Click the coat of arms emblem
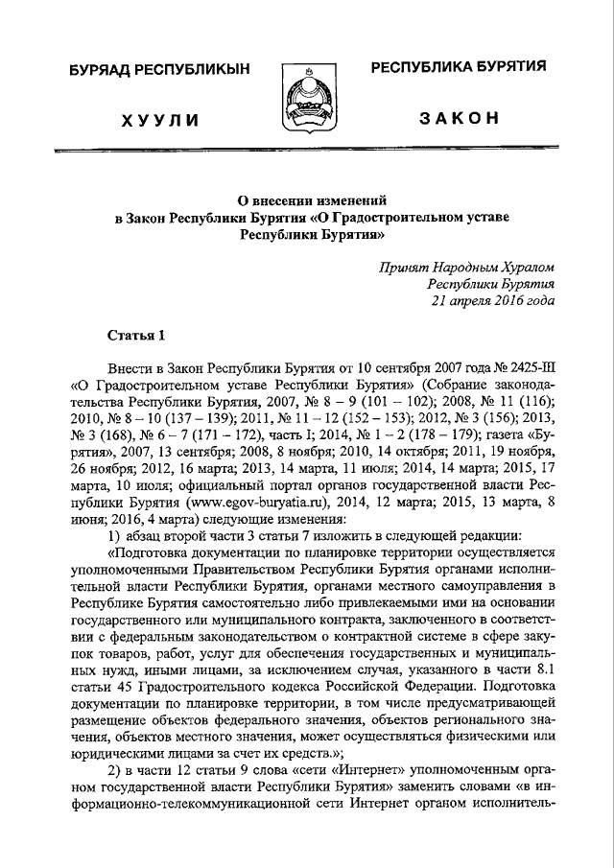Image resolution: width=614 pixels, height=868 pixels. point(308,100)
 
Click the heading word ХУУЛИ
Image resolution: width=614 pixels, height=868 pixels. point(161,120)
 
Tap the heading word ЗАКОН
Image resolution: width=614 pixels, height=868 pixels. point(459,118)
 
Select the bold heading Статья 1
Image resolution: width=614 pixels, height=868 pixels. point(135,335)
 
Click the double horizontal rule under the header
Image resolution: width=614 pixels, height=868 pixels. point(307,152)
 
